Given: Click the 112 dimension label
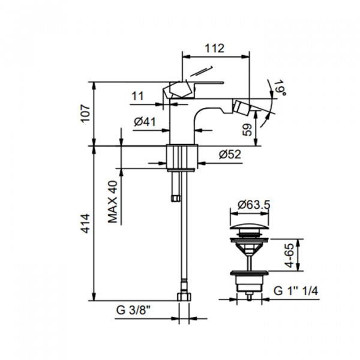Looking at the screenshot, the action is click(x=214, y=48).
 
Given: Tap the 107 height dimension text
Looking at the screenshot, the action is click(x=85, y=113).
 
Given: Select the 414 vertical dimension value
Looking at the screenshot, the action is click(x=85, y=223).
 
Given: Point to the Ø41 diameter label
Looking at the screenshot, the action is click(x=145, y=121).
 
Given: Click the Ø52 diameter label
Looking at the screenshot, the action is click(x=230, y=154).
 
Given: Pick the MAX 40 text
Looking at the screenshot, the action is click(x=113, y=202).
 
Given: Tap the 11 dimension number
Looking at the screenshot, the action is click(x=138, y=96).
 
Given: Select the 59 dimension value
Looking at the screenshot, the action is click(x=247, y=130).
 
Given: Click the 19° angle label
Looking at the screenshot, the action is click(x=280, y=88).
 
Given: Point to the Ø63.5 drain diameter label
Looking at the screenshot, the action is click(x=254, y=205).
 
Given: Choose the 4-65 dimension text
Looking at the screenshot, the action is click(x=289, y=256).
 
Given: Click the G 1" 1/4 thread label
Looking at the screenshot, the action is click(x=296, y=291).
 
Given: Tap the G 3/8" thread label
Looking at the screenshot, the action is click(x=133, y=310).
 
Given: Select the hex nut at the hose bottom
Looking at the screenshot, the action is click(x=184, y=296).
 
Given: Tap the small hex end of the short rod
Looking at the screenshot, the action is click(x=176, y=198).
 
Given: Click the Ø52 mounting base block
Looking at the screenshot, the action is click(x=182, y=157).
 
